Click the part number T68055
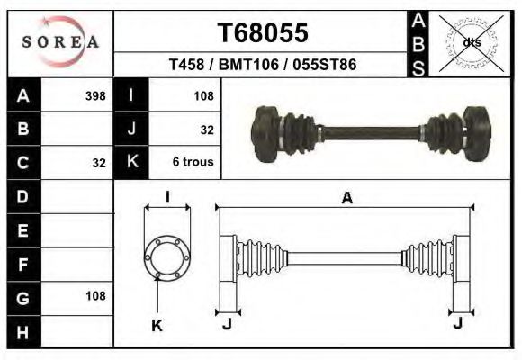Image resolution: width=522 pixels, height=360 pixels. coord(264,32)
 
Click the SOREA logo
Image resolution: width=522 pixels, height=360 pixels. coord(61,41)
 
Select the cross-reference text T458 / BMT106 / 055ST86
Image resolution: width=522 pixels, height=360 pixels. coord(264,66)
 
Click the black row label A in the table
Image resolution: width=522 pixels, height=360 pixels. coord(22,95)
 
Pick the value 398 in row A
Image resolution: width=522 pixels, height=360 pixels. coord(94,95)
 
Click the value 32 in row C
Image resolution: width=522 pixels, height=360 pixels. coord(99,164)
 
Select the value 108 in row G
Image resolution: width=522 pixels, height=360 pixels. coord(94,295)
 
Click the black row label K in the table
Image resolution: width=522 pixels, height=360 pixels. coord(131,163)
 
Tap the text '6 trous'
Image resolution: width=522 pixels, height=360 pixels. coord(193,163)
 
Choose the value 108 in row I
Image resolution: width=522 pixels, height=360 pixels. coord(202,95)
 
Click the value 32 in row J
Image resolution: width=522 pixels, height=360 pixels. coord(206,130)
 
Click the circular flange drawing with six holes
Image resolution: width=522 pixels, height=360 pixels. coord(167,257)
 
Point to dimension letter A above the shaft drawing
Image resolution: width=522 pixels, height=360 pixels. coord(346,200)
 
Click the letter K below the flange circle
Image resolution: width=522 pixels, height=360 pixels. coord(157,326)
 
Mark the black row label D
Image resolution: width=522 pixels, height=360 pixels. coord(22,196)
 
